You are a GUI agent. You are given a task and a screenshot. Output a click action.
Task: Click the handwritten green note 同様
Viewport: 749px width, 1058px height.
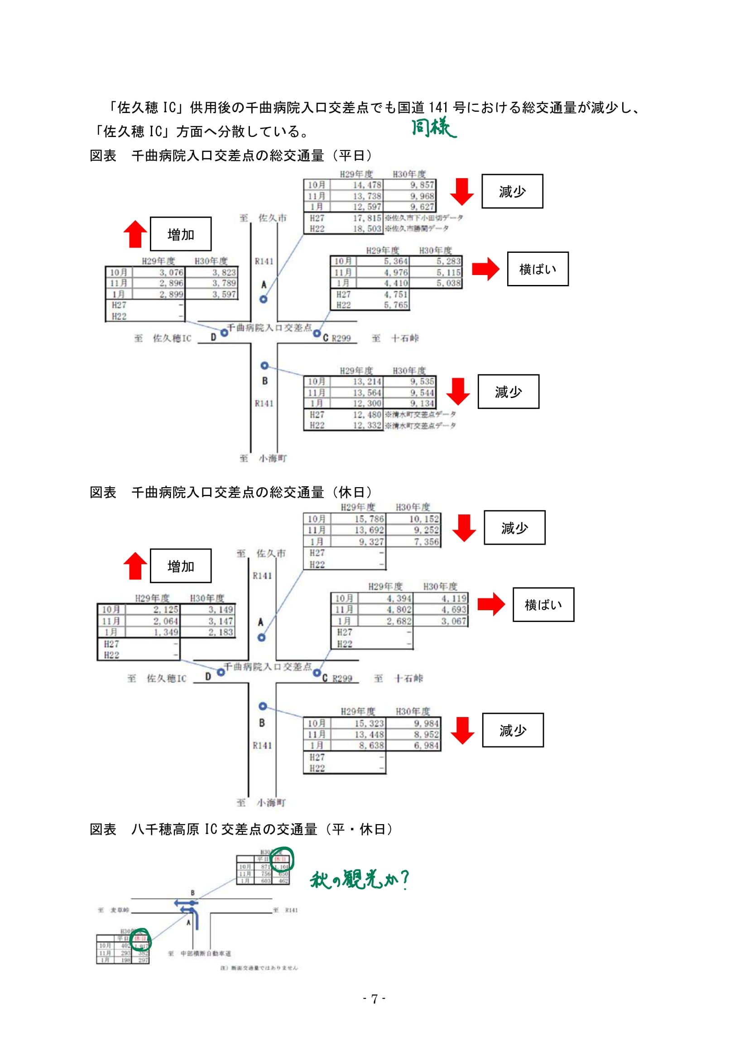[433, 128]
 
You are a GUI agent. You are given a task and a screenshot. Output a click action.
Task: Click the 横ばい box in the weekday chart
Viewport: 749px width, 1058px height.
[538, 269]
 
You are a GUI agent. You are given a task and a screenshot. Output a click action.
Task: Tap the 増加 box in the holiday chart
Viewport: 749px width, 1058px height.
[180, 566]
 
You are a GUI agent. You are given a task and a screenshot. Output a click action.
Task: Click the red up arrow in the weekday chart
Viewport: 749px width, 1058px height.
[135, 234]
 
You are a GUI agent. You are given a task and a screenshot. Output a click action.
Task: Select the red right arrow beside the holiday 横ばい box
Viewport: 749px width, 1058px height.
[491, 604]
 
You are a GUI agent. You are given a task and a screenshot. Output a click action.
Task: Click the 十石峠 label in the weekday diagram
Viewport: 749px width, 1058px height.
[404, 338]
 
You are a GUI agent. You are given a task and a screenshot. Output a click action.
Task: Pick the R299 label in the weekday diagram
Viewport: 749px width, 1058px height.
[341, 338]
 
